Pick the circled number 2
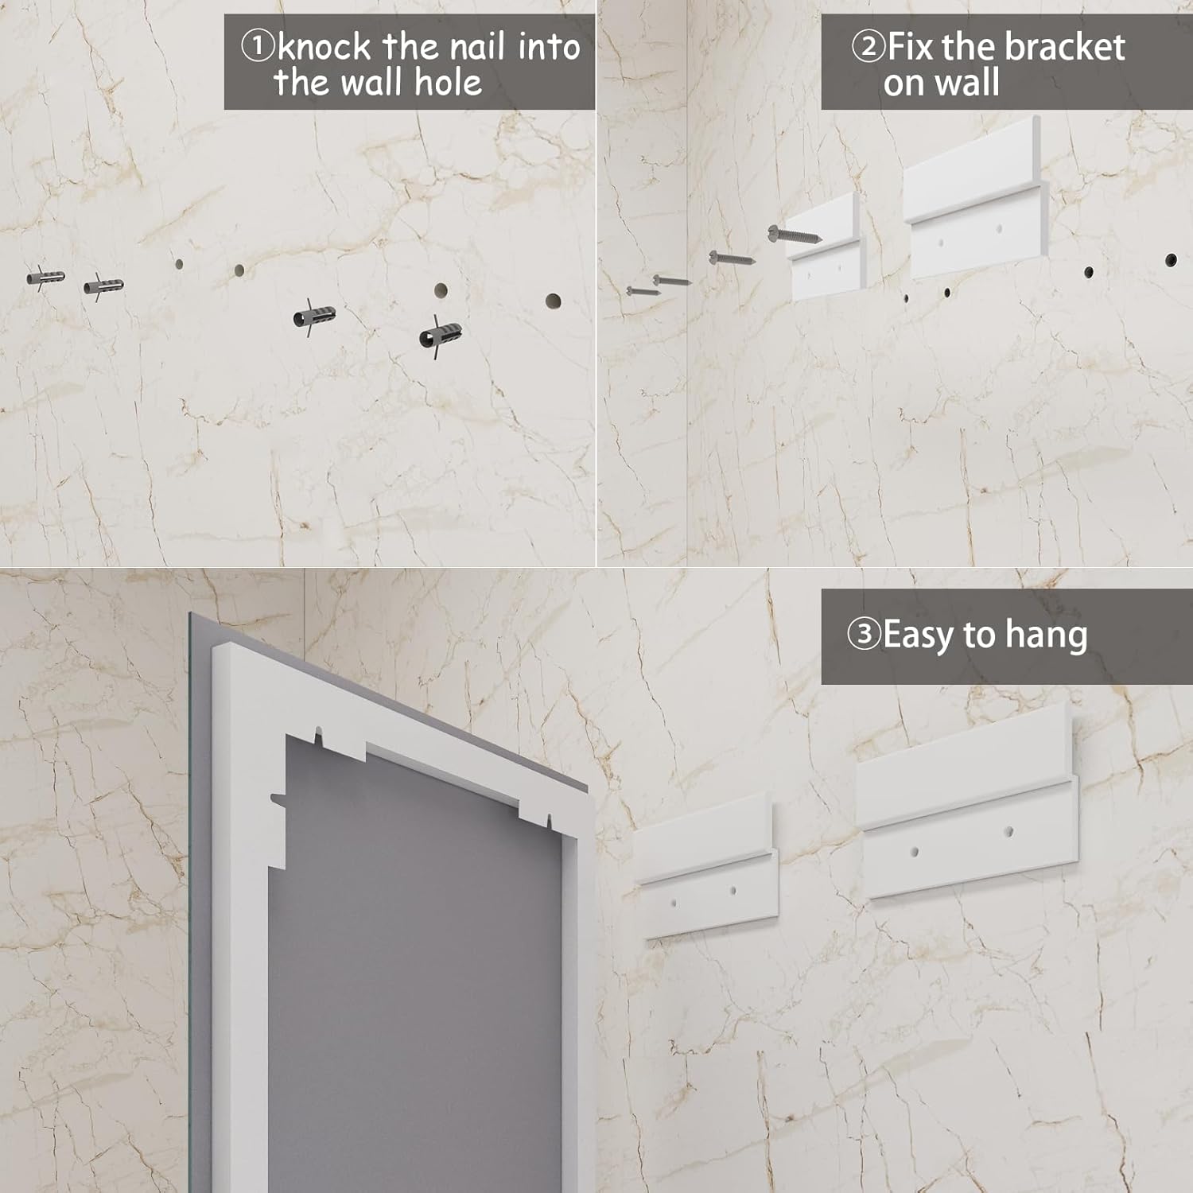coord(869,47)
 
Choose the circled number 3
coord(864,635)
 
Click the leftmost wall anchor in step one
coord(45,278)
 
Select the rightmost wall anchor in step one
coord(440,334)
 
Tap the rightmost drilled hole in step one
coord(553,301)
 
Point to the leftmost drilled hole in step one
coord(179,264)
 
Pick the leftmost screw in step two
coord(643,291)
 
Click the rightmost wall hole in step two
coord(1171,260)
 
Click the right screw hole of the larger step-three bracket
coord(1008,833)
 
